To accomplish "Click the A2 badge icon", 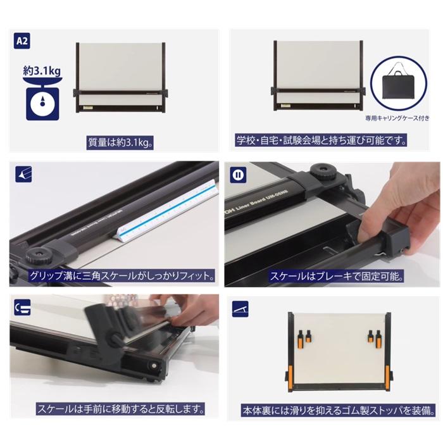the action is coord(22,41).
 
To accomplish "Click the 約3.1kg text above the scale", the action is coord(42,71).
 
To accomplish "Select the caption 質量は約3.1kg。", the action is coord(120,142).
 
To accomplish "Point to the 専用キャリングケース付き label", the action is coord(397,118).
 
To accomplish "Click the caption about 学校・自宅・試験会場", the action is coord(321,140).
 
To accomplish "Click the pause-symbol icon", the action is coord(237,175).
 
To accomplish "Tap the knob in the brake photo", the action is coord(323,172).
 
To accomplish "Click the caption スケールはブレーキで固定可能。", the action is coord(336,276).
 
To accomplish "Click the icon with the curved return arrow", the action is coord(22,308).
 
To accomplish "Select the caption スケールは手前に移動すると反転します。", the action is coord(120,409).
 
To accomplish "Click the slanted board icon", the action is coord(240,309).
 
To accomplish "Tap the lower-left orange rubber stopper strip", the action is coord(290,378).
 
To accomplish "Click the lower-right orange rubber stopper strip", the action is coord(387,378).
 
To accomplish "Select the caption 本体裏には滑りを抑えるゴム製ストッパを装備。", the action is coord(339,411).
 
